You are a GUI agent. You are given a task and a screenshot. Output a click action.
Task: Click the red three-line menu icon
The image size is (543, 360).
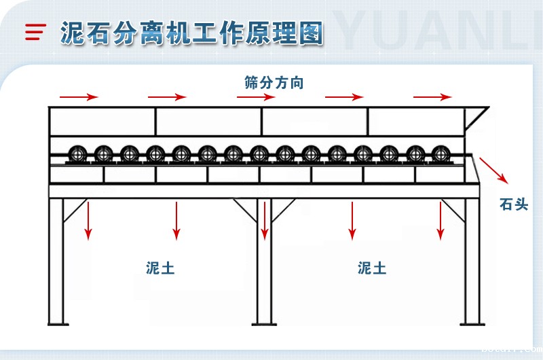click(35, 32)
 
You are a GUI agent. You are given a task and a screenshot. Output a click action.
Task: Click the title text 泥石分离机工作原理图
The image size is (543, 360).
click(192, 32)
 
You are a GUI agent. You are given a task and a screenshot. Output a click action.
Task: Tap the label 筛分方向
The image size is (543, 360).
click(274, 83)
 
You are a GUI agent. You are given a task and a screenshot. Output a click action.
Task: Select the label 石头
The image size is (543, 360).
click(513, 204)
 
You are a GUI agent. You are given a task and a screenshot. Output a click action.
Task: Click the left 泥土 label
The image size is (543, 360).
click(160, 268)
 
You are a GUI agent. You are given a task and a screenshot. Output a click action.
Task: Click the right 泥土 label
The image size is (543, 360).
click(372, 268)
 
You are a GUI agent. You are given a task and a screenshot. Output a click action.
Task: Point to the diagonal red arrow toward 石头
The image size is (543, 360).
click(494, 170)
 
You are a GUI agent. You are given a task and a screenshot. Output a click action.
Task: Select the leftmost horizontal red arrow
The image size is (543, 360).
click(79, 97)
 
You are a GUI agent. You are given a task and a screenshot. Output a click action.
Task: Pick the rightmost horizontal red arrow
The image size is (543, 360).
click(433, 97)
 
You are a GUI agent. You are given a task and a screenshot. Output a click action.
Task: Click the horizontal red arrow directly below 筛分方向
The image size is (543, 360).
click(256, 97)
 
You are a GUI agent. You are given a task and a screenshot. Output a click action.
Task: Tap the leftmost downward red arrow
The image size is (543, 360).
click(88, 220)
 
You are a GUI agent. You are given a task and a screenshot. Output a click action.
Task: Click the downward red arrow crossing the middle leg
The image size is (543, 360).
click(265, 220)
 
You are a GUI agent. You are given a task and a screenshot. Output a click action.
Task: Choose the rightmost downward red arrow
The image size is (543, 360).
click(441, 220)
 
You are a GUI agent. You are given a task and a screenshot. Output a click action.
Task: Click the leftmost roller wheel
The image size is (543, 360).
click(77, 154)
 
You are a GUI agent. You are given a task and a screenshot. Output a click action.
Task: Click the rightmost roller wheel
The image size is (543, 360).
click(439, 154)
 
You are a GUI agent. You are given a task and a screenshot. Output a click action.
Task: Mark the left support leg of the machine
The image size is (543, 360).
click(57, 262)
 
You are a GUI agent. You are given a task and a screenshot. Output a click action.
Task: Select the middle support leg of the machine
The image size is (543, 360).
click(263, 272)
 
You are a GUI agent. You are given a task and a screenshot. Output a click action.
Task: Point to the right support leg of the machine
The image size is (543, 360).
click(472, 262)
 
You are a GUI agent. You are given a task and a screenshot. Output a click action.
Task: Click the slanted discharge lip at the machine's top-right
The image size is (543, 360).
click(479, 115)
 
